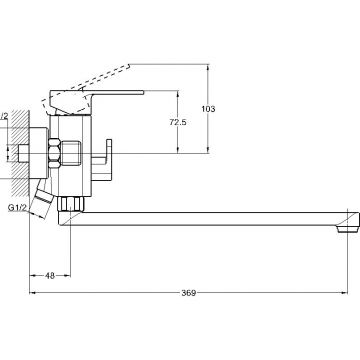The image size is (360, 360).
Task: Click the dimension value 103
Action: click(x=208, y=109)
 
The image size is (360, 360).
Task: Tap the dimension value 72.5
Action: click(x=178, y=122)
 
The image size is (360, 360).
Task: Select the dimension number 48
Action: click(x=50, y=276)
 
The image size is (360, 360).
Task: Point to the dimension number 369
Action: click(x=189, y=293)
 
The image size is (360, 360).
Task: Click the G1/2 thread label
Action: click(x=17, y=208)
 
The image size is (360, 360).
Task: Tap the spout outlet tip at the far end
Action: click(x=347, y=229)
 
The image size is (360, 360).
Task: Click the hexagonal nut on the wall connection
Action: click(x=54, y=153)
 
